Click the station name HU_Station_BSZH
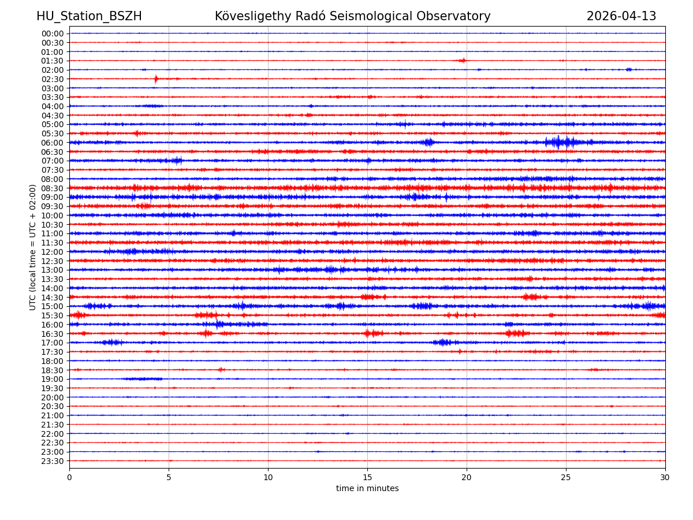(x=89, y=16)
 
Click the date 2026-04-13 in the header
(x=621, y=16)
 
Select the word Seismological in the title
(x=393, y=16)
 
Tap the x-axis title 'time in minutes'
(x=367, y=489)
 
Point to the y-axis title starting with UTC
(x=33, y=247)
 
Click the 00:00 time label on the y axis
(x=53, y=34)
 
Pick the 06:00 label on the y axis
(x=53, y=143)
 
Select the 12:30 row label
(x=53, y=261)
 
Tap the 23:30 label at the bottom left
(x=53, y=461)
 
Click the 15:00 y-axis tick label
(x=53, y=306)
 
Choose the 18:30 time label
(x=53, y=370)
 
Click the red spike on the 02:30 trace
(x=156, y=79)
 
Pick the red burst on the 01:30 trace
(x=462, y=61)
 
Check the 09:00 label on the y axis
(x=53, y=197)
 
